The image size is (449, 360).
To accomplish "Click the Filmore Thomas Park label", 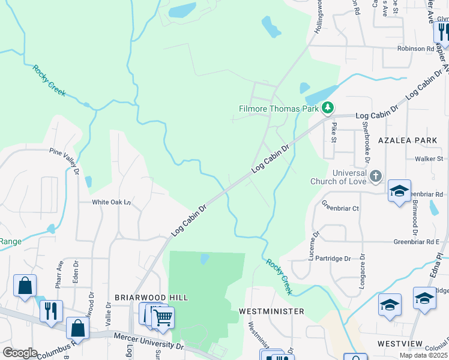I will pos(279,109).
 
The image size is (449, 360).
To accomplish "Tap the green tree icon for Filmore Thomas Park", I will pos(327,108).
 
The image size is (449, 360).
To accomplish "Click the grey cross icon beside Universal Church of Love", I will pos(375,176).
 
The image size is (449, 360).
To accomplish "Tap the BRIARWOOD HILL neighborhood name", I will pos(151,297).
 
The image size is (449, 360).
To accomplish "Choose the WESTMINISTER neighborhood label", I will pos(271,311).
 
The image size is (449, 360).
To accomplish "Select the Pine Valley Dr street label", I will pos(65,160).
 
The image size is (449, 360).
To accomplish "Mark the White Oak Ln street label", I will pos(111,202).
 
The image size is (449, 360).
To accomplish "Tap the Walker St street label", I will pos(429,159).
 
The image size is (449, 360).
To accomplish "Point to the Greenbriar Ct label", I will pos(340,208).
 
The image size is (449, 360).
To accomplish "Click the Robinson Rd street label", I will pos(415,48).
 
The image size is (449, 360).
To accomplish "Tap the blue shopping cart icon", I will pos(163,318).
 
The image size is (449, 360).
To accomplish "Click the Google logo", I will pos(20,353).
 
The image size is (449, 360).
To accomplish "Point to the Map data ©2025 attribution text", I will pos(423,355).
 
